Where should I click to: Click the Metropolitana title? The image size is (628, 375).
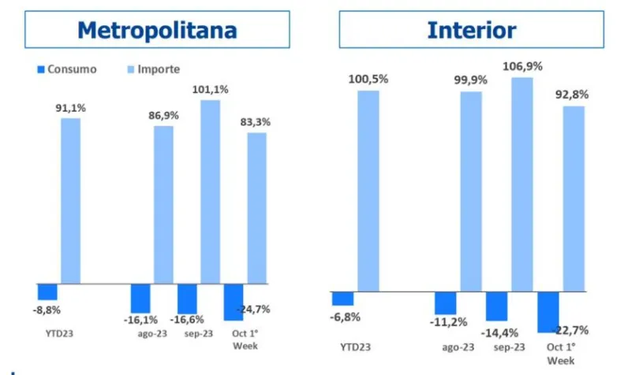(157, 30)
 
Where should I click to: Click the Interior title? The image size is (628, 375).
(472, 30)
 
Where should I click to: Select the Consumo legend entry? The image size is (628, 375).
(72, 69)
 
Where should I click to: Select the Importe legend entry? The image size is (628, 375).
(159, 69)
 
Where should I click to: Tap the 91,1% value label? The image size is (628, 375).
(70, 108)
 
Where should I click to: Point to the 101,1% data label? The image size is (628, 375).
(211, 90)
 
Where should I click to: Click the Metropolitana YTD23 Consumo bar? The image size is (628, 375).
(47, 291)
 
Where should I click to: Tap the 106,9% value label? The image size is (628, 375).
(521, 67)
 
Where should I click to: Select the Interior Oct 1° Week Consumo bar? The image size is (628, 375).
(548, 312)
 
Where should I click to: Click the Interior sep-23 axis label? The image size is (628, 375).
(510, 347)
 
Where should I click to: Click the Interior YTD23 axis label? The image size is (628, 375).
(356, 347)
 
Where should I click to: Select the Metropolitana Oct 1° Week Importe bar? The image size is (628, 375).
(257, 208)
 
